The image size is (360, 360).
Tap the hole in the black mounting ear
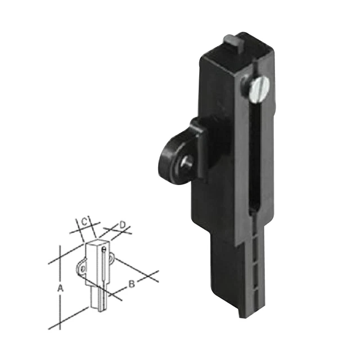(186, 162)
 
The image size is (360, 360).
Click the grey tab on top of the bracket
(231, 41)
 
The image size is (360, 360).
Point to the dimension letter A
(61, 287)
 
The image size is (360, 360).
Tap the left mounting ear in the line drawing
(82, 268)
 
